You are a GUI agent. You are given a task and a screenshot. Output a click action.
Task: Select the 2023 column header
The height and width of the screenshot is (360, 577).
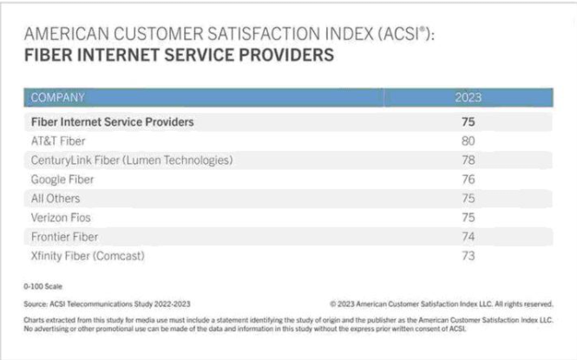pos(468,98)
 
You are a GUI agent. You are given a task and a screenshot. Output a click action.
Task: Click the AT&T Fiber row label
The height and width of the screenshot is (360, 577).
pos(58,141)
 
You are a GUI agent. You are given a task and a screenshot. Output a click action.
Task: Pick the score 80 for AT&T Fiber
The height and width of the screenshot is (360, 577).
pos(469,141)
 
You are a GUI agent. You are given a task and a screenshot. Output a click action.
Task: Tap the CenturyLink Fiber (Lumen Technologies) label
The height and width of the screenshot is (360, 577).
pos(132,160)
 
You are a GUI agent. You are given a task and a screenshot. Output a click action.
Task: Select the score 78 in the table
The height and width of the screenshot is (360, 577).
pos(469,160)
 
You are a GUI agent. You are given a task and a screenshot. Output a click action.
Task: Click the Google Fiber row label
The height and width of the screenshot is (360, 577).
pos(62,179)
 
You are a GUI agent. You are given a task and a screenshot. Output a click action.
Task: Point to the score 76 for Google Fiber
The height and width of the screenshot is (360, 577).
pos(469,179)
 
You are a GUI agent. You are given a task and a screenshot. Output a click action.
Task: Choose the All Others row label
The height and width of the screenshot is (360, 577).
pos(56,198)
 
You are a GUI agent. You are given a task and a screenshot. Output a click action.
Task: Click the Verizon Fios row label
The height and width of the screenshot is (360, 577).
pos(61,217)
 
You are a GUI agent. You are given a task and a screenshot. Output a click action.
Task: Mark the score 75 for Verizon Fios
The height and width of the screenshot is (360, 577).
pos(469,217)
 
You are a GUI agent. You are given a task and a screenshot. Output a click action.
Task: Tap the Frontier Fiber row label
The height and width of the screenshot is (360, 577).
pos(64,236)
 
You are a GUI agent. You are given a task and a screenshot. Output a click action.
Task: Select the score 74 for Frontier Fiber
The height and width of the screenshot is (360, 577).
pos(469,236)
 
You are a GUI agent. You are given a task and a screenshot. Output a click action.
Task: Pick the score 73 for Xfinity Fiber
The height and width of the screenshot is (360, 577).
pos(469,255)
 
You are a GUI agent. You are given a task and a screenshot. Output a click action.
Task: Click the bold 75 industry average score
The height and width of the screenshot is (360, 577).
pos(469,121)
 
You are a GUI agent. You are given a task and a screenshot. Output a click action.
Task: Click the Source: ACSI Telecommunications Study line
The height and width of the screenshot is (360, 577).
pos(108,303)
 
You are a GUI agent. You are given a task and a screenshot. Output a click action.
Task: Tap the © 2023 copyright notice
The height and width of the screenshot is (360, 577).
pos(442,303)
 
